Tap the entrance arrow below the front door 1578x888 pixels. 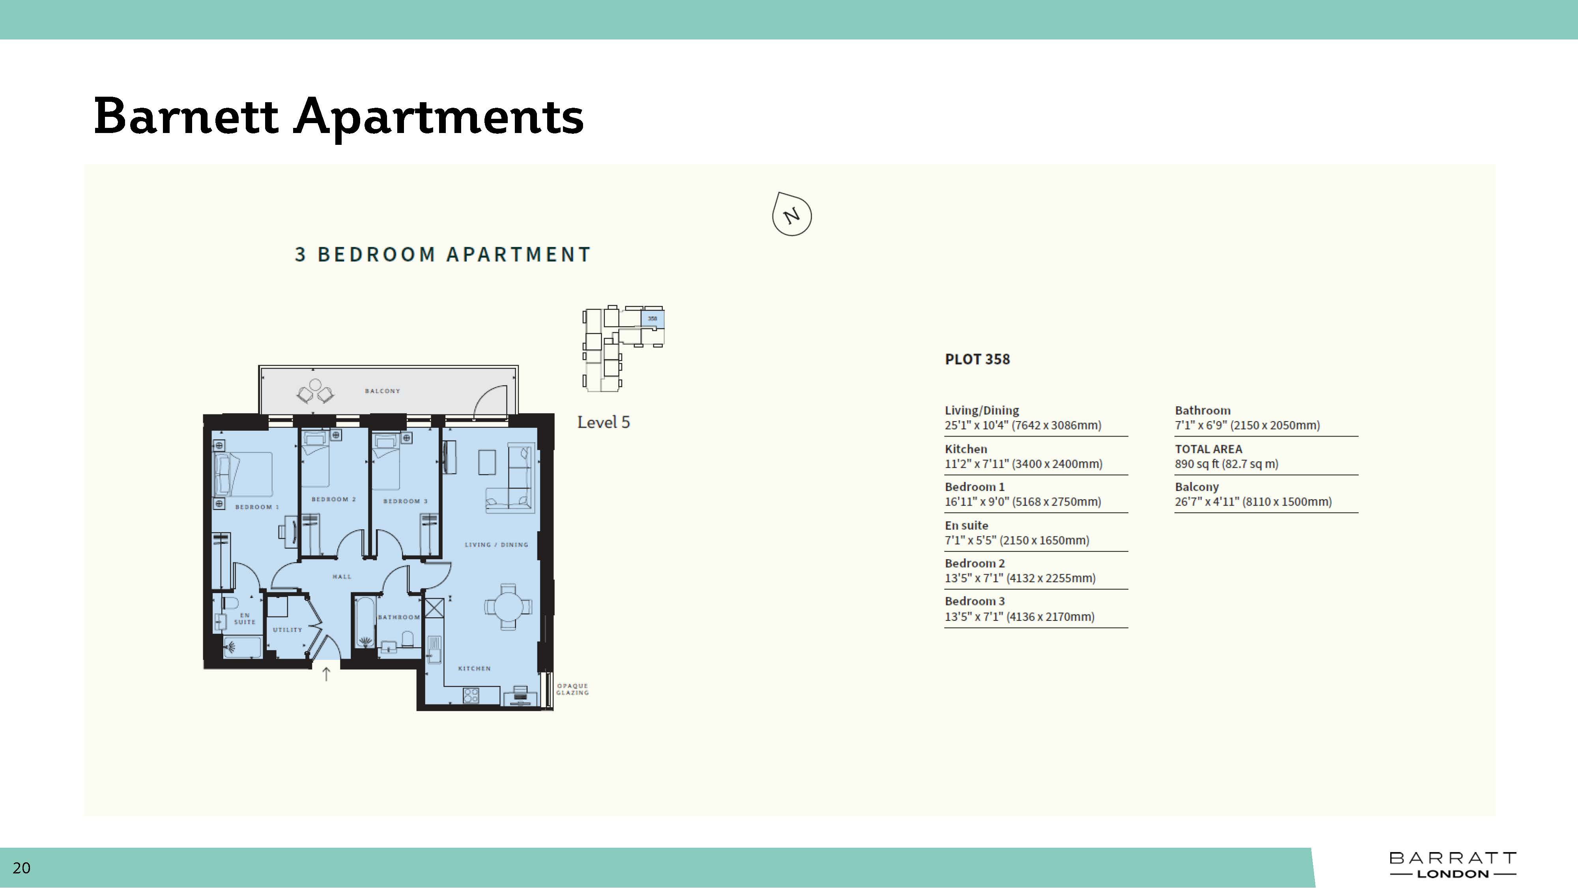(326, 674)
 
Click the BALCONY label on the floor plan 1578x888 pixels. (382, 391)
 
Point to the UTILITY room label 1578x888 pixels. (287, 629)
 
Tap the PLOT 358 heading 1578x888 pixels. (977, 359)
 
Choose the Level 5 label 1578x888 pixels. (604, 422)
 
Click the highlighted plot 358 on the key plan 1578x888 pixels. (653, 318)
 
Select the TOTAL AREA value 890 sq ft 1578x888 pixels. (1227, 464)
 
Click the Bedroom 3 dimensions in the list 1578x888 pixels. (1019, 616)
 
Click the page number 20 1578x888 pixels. (21, 868)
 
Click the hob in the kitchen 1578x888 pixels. (471, 695)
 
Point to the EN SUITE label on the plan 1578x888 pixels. (245, 618)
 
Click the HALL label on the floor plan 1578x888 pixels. (342, 576)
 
